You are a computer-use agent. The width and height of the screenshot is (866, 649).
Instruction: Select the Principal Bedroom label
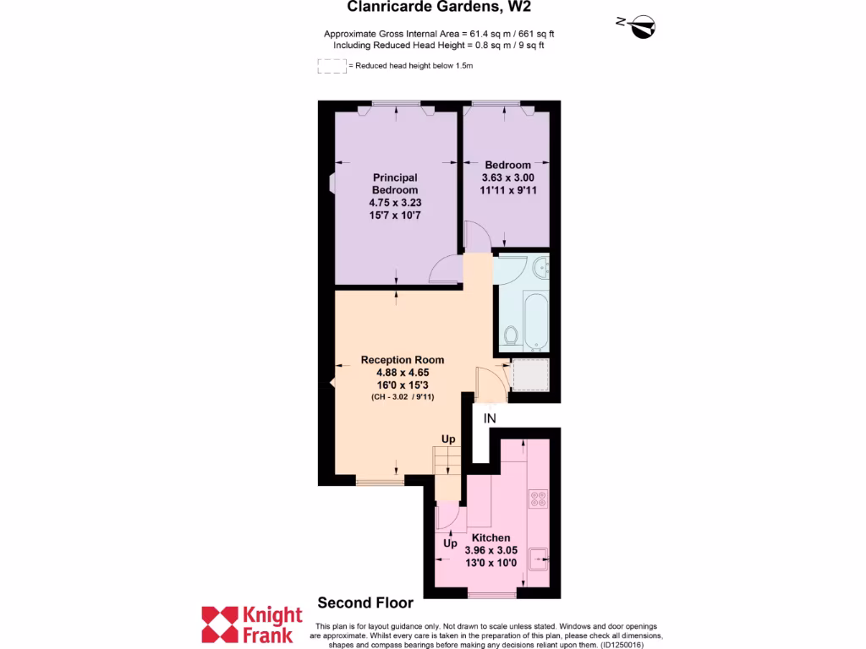395,183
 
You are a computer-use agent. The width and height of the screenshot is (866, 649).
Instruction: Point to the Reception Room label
403,360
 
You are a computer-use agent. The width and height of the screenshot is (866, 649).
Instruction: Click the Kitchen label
491,537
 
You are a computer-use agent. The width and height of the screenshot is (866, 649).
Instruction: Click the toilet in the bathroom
510,336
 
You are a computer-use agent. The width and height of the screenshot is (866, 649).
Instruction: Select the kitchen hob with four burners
537,499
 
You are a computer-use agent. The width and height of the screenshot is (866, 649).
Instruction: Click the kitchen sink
538,557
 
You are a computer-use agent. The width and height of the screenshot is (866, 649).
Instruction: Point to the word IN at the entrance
490,418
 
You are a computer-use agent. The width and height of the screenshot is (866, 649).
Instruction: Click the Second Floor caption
365,603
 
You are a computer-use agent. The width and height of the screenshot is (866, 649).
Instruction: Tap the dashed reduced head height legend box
332,66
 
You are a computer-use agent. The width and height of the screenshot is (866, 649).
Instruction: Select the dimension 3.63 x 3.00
507,177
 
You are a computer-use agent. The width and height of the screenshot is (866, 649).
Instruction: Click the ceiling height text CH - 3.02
402,396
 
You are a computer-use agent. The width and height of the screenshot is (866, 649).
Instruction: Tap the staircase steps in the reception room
447,461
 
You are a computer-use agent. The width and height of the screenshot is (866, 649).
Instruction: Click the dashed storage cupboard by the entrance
530,374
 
